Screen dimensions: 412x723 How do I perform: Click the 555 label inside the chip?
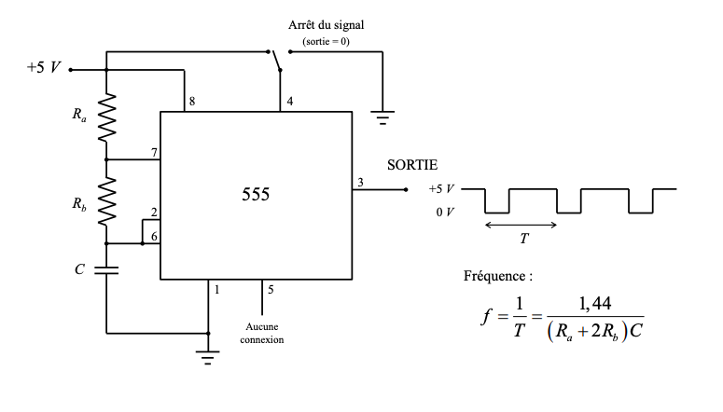pos(256,195)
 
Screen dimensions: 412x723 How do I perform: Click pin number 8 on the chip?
pos(192,102)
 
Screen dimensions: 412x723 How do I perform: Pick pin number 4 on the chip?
pos(290,102)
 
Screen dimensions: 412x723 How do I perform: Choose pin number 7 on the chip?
pos(153,151)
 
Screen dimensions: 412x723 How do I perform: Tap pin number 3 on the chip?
pos(361,182)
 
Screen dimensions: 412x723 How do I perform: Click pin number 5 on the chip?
pos(271,290)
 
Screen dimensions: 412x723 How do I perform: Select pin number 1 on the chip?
pos(216,290)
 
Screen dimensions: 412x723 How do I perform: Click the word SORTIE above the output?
pos(412,165)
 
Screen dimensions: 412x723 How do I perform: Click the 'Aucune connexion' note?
pos(261,333)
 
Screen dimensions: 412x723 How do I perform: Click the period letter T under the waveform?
pos(523,239)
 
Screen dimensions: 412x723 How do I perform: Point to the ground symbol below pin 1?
pos(208,355)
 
